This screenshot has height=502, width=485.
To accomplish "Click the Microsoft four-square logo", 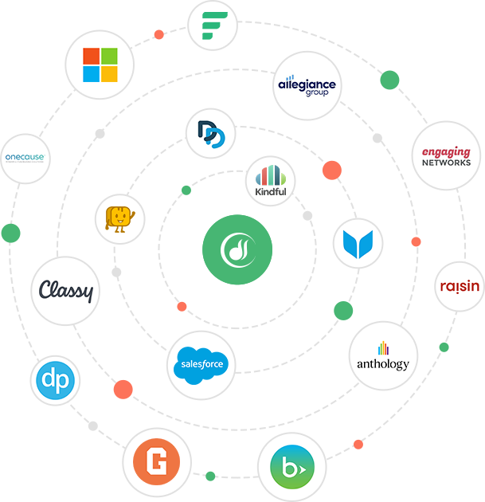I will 100,65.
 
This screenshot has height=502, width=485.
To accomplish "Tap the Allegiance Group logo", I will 307,86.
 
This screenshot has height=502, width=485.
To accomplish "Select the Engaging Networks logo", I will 447,156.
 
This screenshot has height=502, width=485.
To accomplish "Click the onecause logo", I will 24,157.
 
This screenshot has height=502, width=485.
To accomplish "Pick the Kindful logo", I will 271,181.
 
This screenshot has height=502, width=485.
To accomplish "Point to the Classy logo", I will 66,291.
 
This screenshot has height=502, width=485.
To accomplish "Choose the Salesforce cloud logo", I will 201,365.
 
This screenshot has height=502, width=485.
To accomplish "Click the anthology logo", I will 383,355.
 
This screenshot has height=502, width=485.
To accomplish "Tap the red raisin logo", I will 460,285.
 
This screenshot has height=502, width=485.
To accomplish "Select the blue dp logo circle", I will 56,380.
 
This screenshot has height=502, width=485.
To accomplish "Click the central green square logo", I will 237,249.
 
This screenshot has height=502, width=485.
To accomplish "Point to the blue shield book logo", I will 358,243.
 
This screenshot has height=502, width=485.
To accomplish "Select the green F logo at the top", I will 213,25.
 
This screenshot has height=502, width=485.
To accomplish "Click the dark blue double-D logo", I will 211,133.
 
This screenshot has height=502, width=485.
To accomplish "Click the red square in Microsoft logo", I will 92,56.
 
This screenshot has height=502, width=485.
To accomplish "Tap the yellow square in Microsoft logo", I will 109,73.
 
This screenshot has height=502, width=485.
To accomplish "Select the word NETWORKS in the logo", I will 447,163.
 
